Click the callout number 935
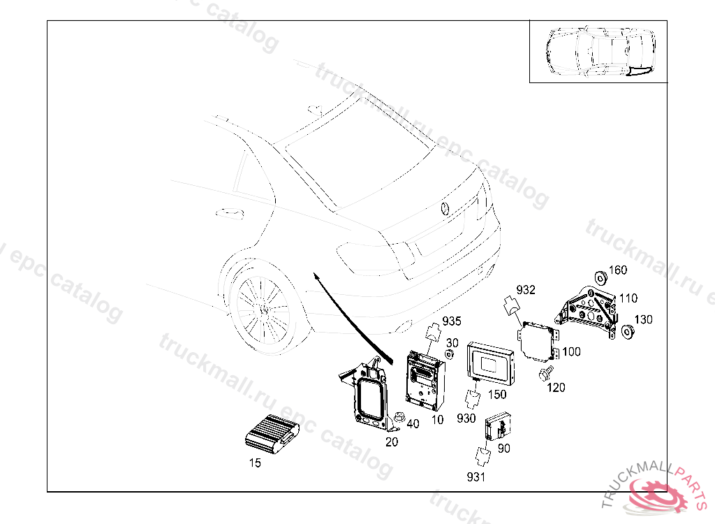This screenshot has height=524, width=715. point(452,321)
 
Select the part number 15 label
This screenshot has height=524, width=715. point(256,463)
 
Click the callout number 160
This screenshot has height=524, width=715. point(618,270)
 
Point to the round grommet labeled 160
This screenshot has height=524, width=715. point(600,277)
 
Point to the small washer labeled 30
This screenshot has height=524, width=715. point(449,355)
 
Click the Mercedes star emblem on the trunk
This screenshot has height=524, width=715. point(445,209)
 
